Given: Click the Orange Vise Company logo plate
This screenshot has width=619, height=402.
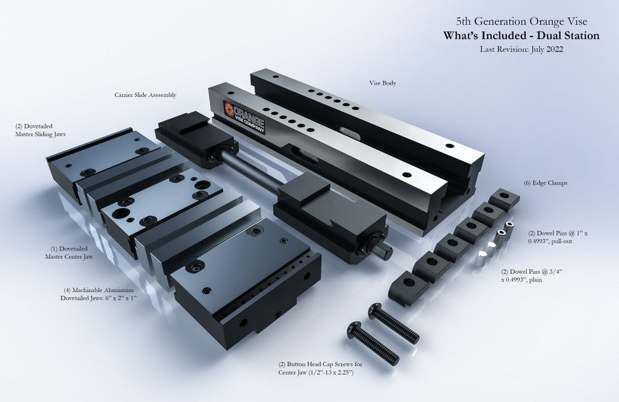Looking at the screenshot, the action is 244,118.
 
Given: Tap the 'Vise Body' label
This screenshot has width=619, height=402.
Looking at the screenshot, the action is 382,83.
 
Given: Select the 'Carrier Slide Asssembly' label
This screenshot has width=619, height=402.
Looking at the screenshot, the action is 145,95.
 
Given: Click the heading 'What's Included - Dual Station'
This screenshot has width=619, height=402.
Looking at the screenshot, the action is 521,36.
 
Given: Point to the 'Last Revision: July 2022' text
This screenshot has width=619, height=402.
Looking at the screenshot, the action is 521,50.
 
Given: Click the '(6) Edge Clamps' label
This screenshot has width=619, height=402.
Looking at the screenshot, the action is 545,183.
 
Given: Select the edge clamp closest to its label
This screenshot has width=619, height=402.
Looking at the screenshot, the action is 504,198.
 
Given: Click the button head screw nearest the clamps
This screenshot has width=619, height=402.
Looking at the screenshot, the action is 393,323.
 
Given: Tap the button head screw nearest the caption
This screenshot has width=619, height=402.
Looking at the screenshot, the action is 373,342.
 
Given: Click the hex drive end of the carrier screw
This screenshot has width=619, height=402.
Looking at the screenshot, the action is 385,250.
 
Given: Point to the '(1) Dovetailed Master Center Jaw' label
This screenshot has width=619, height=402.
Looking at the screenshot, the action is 69,253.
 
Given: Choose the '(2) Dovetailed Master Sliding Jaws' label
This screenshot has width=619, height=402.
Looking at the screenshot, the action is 41,130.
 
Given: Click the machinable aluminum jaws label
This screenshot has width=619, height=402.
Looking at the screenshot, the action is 98,294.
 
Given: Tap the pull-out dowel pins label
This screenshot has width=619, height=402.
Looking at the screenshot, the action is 557,237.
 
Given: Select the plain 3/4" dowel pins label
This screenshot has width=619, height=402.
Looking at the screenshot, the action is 532,275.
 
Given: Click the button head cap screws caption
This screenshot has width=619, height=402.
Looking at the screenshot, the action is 320,368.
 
